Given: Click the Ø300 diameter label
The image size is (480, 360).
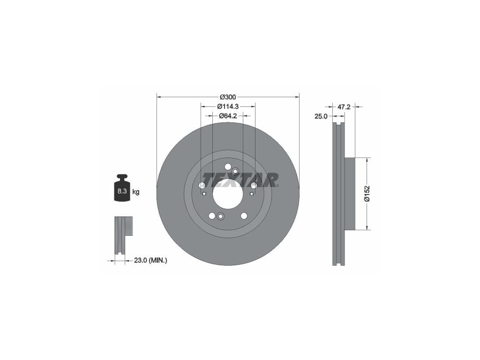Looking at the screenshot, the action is click(228, 97).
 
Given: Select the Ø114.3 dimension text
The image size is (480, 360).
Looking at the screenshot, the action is click(228, 106).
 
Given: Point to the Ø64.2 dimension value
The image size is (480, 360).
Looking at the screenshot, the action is click(228, 116).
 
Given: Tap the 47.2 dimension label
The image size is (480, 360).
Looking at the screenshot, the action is click(344, 107).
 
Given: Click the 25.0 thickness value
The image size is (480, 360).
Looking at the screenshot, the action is click(321, 116).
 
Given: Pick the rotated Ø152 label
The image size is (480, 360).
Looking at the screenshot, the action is click(367, 194).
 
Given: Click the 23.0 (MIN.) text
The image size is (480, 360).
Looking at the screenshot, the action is click(150, 261).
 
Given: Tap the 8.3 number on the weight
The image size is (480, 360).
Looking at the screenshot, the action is click(122, 191).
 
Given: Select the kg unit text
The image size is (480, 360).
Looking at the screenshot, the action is click(136, 192).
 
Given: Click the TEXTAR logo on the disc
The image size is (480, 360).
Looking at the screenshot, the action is click(241, 180).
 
